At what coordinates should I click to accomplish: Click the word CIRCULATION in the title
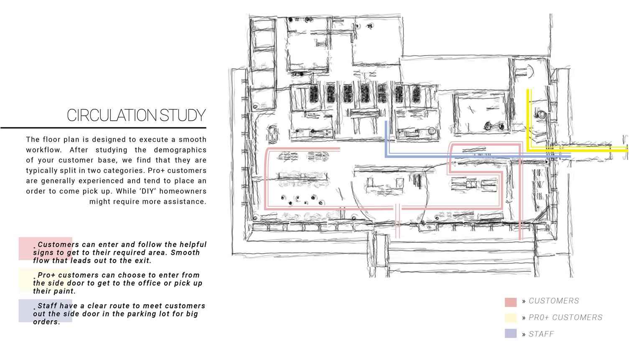(112, 115)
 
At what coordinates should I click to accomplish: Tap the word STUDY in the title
(183, 115)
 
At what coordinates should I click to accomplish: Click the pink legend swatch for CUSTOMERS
(511, 302)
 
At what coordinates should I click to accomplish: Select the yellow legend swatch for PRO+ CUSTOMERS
(511, 318)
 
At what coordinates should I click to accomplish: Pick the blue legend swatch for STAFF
(511, 334)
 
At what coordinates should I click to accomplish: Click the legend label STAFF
(541, 334)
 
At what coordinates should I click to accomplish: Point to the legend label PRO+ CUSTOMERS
(565, 317)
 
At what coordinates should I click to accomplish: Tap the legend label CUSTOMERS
(554, 301)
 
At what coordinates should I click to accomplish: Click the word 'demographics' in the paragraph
(180, 150)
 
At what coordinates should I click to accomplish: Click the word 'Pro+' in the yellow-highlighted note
(46, 275)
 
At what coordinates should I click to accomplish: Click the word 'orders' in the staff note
(46, 322)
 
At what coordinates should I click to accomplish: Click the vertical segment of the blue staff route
(387, 139)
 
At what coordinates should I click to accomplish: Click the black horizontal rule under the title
(103, 127)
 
